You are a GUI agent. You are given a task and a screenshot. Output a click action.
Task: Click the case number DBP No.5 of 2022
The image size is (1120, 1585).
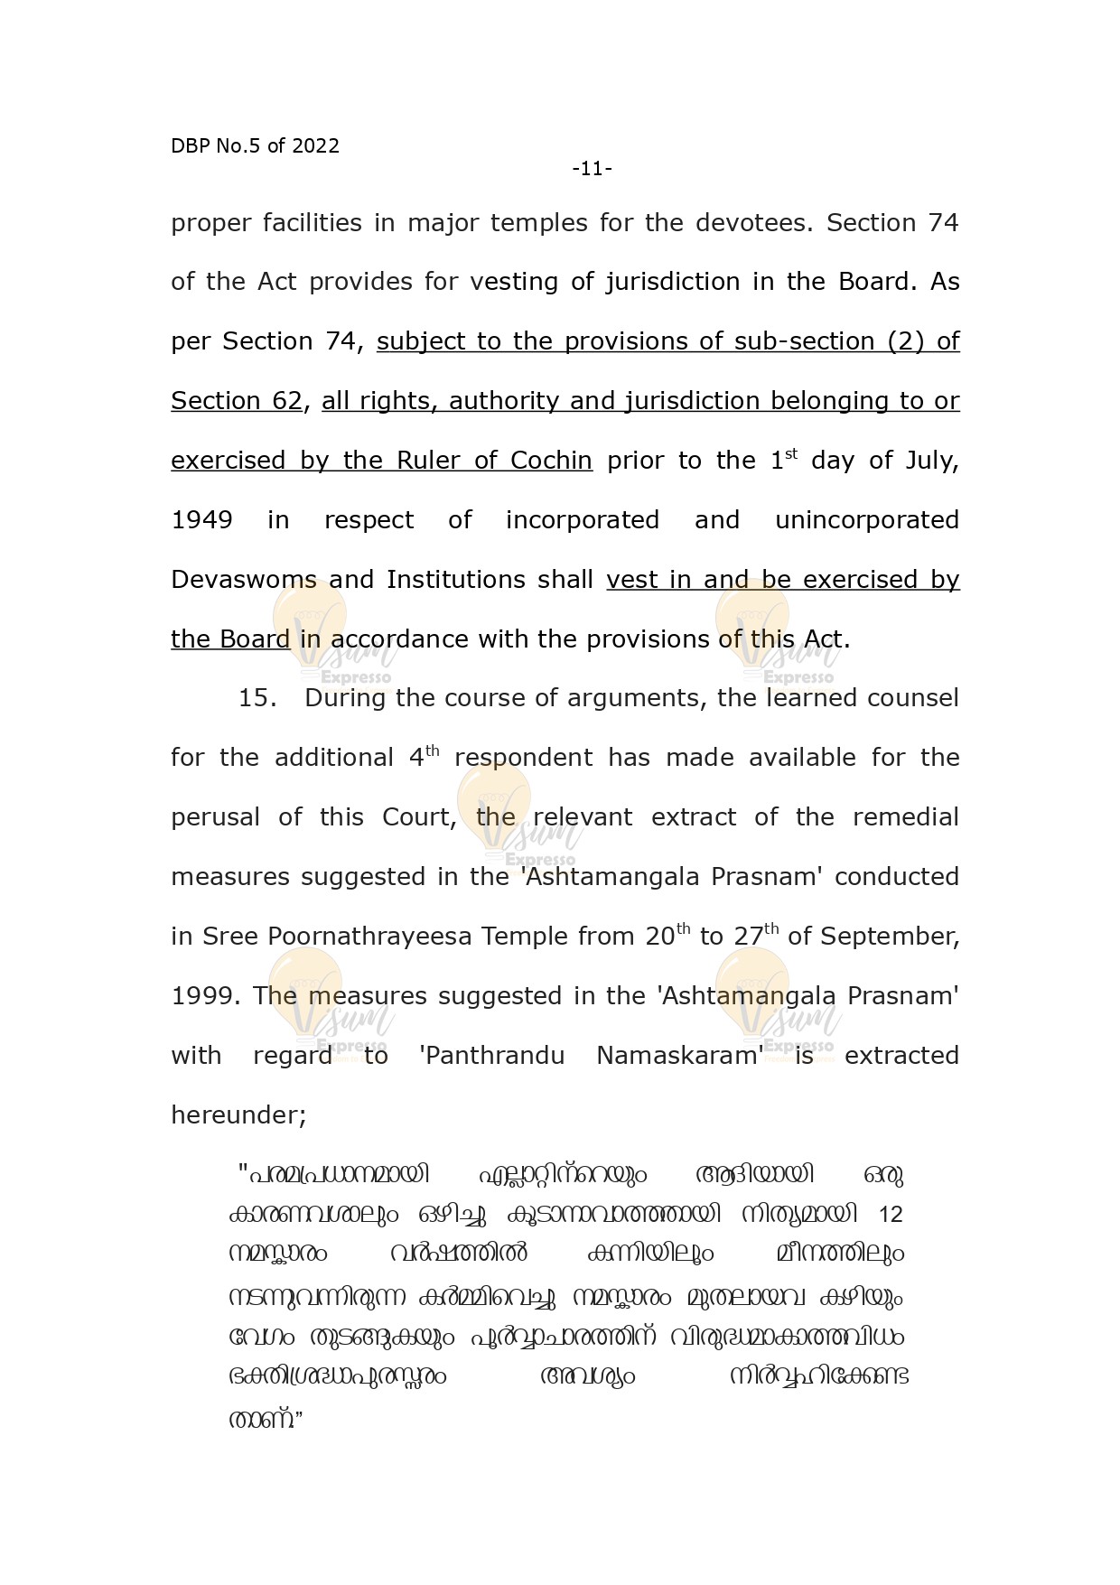(255, 146)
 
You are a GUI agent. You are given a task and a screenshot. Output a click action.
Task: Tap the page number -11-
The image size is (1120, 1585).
(592, 169)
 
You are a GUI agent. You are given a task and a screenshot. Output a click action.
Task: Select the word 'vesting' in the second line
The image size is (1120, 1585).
(514, 283)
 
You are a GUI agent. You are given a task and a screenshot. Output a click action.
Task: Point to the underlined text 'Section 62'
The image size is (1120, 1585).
(237, 401)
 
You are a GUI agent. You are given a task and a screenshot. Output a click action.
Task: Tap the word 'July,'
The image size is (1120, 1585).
(933, 461)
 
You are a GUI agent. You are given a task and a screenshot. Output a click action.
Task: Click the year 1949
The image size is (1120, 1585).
(201, 520)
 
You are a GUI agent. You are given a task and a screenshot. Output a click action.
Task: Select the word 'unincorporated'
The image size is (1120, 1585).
(867, 520)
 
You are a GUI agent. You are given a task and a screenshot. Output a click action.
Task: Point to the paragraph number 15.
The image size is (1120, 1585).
(257, 698)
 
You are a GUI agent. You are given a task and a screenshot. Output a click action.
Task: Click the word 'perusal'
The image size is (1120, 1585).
(215, 817)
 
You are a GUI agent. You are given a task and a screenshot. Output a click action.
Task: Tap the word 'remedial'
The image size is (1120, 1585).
(905, 817)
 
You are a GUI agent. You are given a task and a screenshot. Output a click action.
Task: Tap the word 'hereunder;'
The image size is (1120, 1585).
(238, 1115)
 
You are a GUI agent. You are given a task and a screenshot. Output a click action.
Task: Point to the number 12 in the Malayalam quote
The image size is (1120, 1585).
(890, 1215)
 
